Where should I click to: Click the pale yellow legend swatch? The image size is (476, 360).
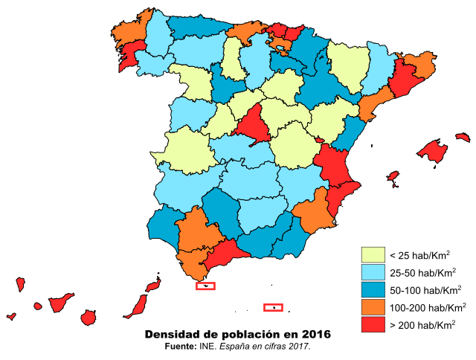(373, 254)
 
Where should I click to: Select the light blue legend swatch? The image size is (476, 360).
(373, 271)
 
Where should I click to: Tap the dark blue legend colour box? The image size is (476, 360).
(373, 289)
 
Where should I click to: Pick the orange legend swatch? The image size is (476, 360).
(373, 306)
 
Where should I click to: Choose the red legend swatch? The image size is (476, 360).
(373, 324)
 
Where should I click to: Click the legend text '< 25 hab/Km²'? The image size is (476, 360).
(419, 254)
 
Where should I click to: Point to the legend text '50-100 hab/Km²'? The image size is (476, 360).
(425, 289)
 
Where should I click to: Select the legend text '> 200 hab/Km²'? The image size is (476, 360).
(422, 324)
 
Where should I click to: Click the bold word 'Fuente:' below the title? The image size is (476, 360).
(180, 347)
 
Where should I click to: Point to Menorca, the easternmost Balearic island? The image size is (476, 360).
(463, 137)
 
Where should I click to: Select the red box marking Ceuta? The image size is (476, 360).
(205, 286)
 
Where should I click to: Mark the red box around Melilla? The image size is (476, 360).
(274, 307)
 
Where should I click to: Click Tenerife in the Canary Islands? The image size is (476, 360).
(59, 302)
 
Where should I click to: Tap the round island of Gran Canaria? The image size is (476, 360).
(90, 317)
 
